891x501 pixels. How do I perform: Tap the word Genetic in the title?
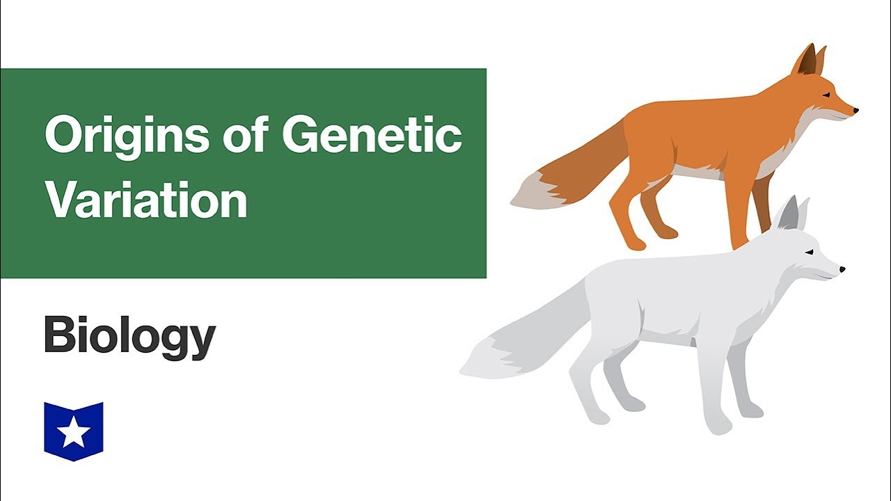tap(372, 135)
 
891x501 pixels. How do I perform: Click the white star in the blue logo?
tap(73, 434)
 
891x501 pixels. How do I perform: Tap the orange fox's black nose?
tap(855, 110)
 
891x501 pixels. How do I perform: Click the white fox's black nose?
tap(842, 269)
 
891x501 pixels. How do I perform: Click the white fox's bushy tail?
tap(515, 341)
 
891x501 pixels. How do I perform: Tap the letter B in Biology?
tap(58, 335)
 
